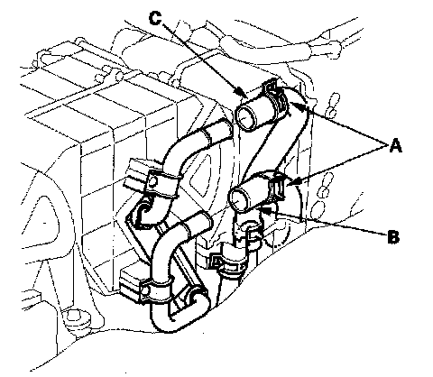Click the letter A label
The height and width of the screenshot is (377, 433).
395,146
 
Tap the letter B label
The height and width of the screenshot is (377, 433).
393,236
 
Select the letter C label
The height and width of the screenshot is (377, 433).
155,18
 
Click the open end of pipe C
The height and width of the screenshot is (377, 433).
246,117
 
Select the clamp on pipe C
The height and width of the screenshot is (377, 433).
277,97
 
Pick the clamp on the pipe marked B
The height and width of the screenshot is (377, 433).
277,187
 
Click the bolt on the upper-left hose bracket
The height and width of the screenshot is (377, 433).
153,181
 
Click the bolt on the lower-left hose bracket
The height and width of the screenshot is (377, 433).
146,290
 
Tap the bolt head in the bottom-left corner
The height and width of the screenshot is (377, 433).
74,317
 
